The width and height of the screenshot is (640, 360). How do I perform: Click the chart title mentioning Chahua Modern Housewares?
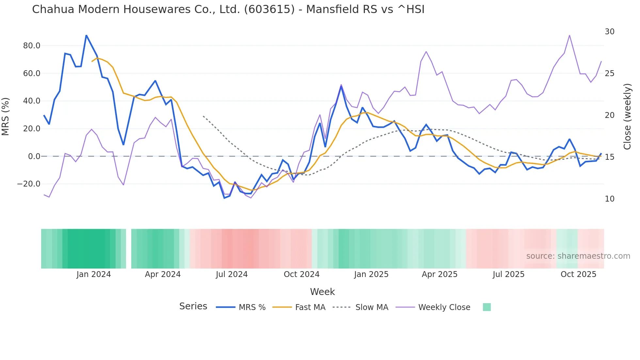[228, 9]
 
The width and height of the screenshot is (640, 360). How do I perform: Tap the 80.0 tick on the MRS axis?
[32, 46]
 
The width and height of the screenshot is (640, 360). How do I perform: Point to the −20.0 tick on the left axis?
[29, 184]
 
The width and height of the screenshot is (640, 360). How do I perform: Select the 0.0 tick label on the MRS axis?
[34, 156]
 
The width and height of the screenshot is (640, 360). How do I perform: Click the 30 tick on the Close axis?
[609, 32]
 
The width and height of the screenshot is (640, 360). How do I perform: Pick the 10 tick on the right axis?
[609, 199]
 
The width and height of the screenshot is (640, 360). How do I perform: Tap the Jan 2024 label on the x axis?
[94, 274]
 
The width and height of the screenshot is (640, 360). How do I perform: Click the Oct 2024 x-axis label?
[301, 274]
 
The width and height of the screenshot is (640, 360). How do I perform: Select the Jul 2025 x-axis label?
[508, 274]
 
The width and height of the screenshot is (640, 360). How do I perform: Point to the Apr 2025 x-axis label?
[440, 274]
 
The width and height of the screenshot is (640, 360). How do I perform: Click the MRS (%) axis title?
[5, 116]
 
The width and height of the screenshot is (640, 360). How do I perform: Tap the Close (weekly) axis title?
[627, 116]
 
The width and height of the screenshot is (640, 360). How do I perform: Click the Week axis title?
[322, 292]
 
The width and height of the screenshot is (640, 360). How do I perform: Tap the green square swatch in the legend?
[487, 307]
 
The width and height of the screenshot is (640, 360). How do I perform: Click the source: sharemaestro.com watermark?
[578, 256]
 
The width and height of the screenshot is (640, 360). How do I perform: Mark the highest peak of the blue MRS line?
[86, 35]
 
